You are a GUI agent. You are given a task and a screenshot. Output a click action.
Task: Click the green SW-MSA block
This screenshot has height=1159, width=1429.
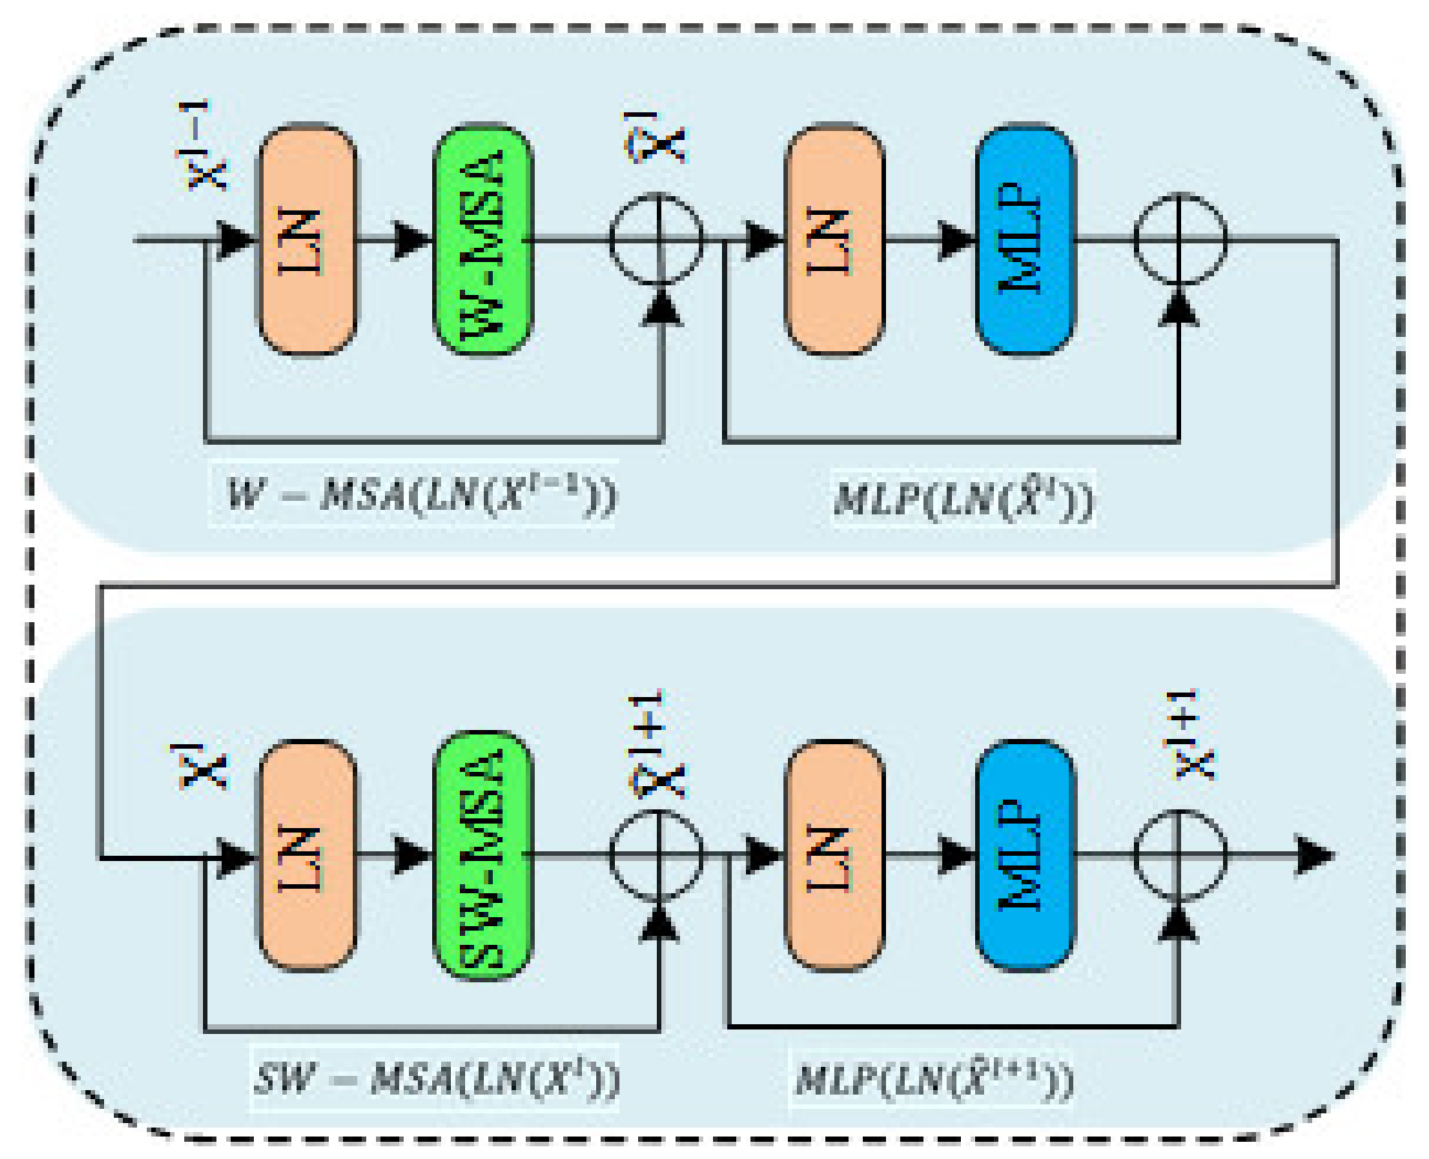point(483,856)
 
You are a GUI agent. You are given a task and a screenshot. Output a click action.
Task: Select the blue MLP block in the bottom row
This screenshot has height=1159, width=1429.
point(1025,856)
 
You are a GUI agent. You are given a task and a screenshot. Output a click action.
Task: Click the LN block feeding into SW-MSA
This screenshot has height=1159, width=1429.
point(307,856)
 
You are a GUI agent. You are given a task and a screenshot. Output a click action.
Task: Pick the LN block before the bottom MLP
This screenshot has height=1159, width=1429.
point(834,856)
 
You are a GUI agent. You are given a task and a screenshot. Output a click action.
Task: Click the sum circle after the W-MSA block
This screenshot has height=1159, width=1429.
point(657,240)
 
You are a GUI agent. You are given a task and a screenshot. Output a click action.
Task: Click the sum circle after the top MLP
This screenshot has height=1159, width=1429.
point(1180,240)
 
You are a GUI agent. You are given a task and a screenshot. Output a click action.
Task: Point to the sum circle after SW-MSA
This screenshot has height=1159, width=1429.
point(657,856)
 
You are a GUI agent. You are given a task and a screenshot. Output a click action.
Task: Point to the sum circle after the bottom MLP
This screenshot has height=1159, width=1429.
point(1180,856)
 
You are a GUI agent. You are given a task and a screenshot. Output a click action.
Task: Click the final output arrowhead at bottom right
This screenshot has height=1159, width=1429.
point(1314,856)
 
